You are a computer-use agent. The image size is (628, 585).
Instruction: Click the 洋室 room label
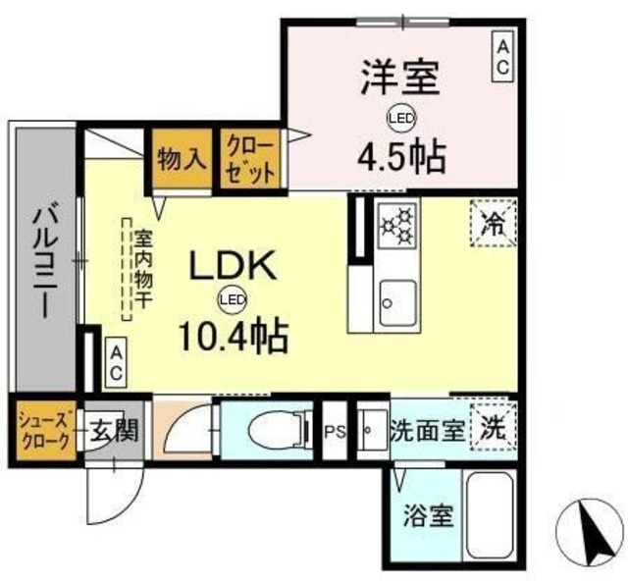[398, 78]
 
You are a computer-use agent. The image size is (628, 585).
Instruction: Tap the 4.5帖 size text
[400, 154]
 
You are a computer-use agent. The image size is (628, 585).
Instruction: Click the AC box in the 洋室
[501, 56]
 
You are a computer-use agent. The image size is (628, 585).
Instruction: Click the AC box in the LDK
[115, 361]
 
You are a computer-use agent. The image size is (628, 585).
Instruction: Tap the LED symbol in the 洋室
[399, 116]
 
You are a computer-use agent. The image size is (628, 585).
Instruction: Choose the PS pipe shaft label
[336, 430]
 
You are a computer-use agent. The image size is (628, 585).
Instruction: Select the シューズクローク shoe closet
[42, 429]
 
